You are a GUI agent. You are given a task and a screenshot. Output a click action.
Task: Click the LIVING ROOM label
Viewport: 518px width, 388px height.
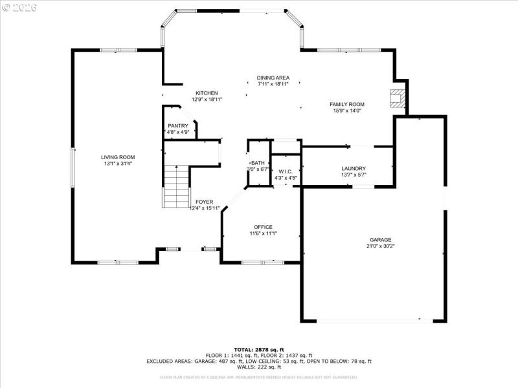[x=118, y=157]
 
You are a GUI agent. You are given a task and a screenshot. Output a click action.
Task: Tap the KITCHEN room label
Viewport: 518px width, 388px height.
[x=206, y=93]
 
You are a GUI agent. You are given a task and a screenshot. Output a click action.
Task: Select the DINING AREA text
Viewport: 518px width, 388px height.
[x=273, y=78]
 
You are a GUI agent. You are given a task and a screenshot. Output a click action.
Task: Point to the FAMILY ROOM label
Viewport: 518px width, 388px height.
[x=347, y=104]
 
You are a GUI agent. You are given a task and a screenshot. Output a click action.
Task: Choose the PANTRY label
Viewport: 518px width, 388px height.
[x=177, y=125]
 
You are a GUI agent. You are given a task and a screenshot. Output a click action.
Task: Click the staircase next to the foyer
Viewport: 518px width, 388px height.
[x=175, y=186]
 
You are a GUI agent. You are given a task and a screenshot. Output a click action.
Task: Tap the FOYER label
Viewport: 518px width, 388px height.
[x=204, y=202]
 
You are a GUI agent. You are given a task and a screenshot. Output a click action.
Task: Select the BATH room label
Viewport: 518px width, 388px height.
[x=258, y=163]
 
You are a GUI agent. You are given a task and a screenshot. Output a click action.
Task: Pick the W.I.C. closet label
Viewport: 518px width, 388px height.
[x=286, y=171]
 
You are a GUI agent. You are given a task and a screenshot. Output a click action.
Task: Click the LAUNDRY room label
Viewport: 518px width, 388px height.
[x=354, y=168]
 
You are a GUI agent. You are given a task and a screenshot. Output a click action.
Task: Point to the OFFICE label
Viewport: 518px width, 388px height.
[x=263, y=227]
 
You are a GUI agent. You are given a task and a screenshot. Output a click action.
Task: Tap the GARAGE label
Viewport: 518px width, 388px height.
[x=381, y=239]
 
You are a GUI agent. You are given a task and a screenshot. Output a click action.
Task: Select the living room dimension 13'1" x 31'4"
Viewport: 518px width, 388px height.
[x=118, y=164]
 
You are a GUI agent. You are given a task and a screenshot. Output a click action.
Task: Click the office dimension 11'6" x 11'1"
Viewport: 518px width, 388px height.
[x=263, y=233]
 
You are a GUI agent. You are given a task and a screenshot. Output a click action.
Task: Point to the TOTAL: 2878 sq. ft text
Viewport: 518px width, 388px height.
[x=258, y=349]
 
